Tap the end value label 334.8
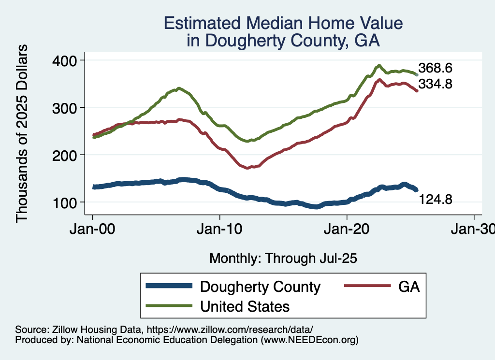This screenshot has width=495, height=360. point(435,84)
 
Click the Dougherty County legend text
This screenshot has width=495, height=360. point(260,287)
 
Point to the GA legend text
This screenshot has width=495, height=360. point(409,287)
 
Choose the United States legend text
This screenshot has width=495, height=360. point(245,306)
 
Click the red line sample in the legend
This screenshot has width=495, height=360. point(367,287)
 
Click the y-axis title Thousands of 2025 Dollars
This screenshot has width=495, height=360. point(22,133)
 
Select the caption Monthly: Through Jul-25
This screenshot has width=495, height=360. point(283,259)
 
